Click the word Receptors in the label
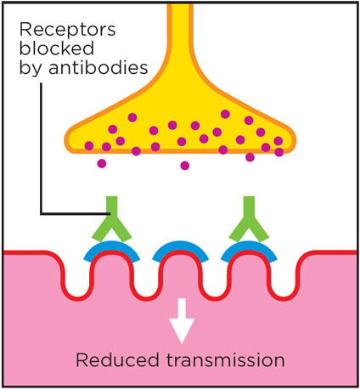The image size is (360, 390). tap(67, 30)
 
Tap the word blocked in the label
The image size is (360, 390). tap(57, 48)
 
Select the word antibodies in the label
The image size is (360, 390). tap(98, 67)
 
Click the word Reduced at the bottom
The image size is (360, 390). tap(117, 360)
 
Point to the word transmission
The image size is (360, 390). tap(225, 360)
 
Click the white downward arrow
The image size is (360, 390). tap(182, 321)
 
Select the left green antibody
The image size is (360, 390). tap(111, 219)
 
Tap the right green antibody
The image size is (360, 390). tap(249, 219)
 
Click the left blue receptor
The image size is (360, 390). tap(111, 246)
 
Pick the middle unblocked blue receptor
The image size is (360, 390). tap(180, 246)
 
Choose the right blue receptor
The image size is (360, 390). tap(249, 246)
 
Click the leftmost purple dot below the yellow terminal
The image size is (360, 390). tap(102, 163)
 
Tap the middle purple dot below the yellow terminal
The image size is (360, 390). tap(185, 166)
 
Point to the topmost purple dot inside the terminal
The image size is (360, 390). tap(225, 114)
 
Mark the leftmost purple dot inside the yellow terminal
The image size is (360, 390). tap(89, 146)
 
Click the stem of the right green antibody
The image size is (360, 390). tap(249, 206)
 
